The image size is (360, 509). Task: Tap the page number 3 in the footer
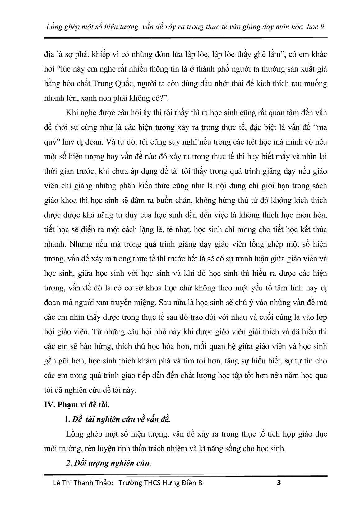pyautogui.click(x=279, y=483)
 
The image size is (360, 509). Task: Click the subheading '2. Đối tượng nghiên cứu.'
pyautogui.click(x=108, y=463)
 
